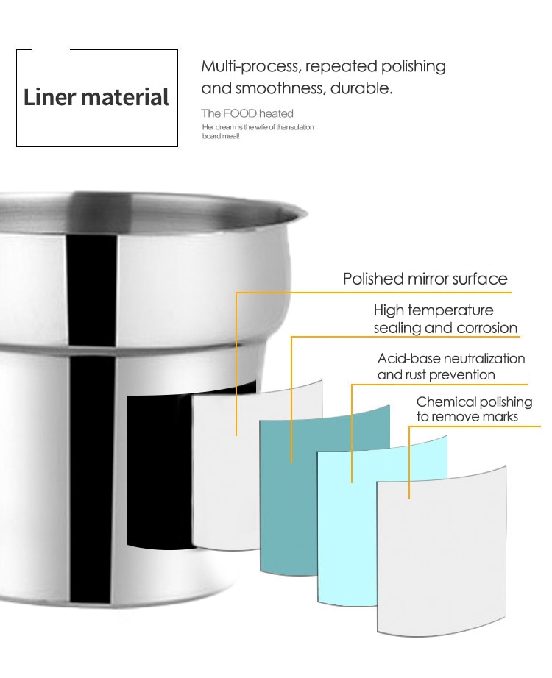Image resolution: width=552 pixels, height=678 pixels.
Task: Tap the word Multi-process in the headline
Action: coord(250,66)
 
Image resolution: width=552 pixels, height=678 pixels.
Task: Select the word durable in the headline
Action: coord(361,88)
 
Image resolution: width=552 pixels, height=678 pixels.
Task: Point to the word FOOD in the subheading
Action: coord(240,113)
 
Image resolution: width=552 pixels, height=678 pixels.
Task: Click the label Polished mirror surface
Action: coord(425,279)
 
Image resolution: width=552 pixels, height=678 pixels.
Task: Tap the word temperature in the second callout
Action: coord(450,310)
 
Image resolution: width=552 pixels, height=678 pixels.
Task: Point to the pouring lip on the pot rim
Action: coord(299,212)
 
